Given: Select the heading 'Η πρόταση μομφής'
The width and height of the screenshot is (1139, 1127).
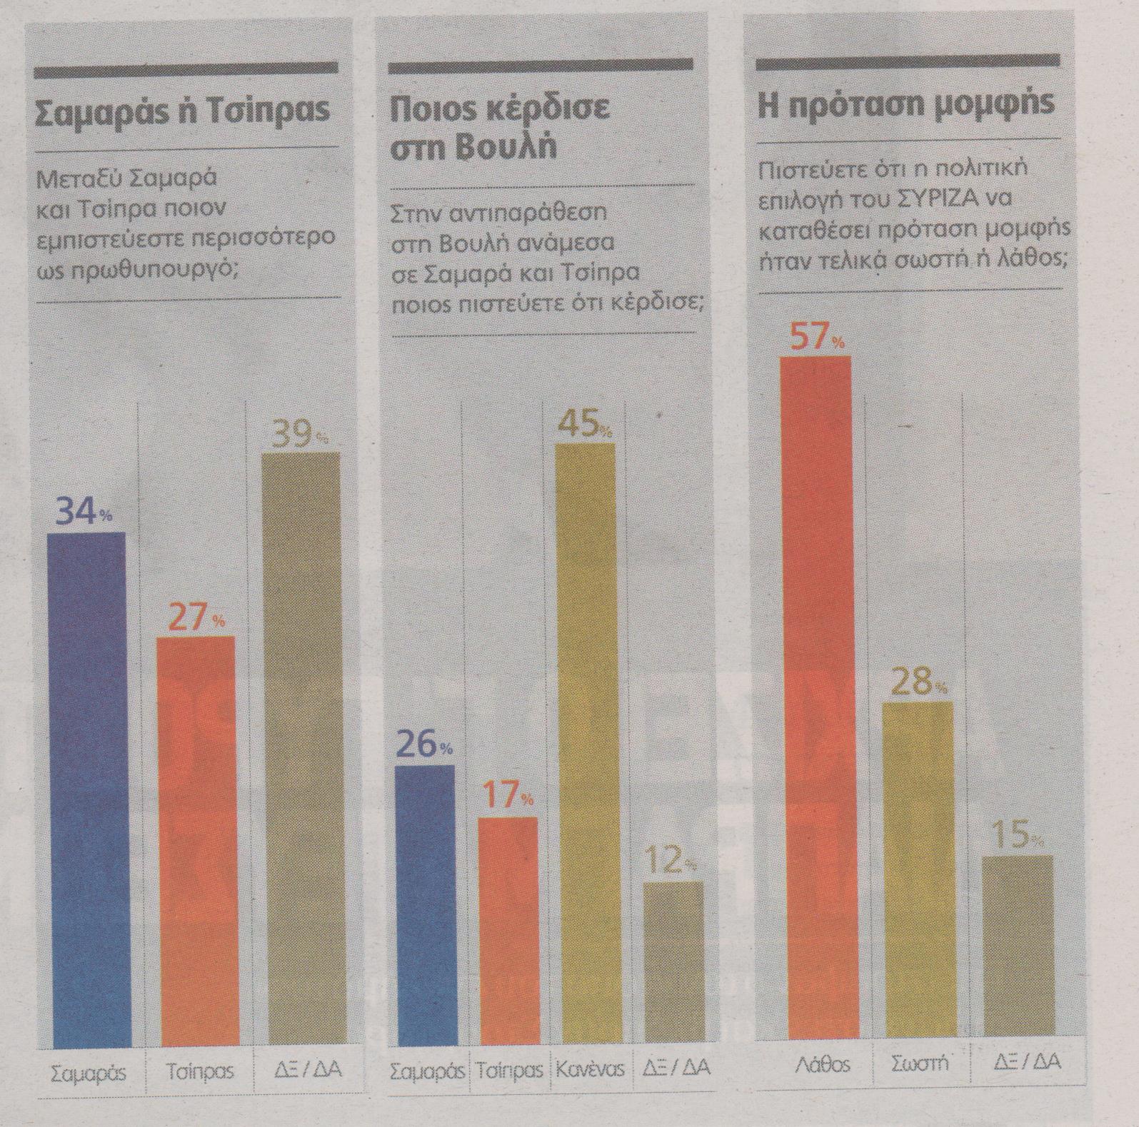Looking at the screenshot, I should (x=905, y=103).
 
